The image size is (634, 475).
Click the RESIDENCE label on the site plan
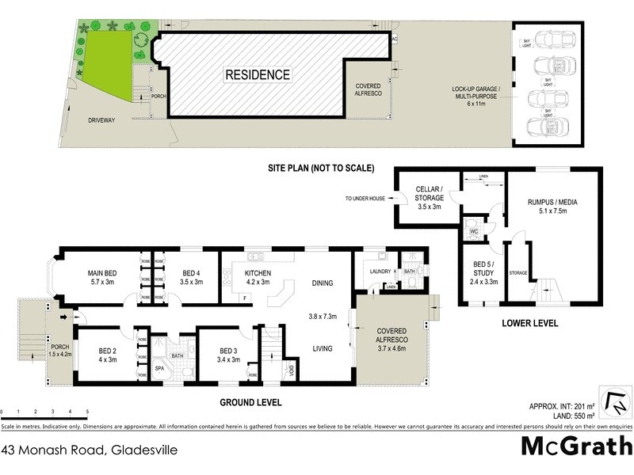[x=258, y=75]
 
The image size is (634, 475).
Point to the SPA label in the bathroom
[x=159, y=369]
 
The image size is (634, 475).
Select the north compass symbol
[x=615, y=404]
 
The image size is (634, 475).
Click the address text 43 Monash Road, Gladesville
[x=90, y=450]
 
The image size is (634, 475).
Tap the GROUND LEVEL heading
[x=250, y=402]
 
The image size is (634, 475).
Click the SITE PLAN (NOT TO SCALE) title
[x=319, y=168]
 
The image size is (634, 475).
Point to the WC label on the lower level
[x=473, y=233]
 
